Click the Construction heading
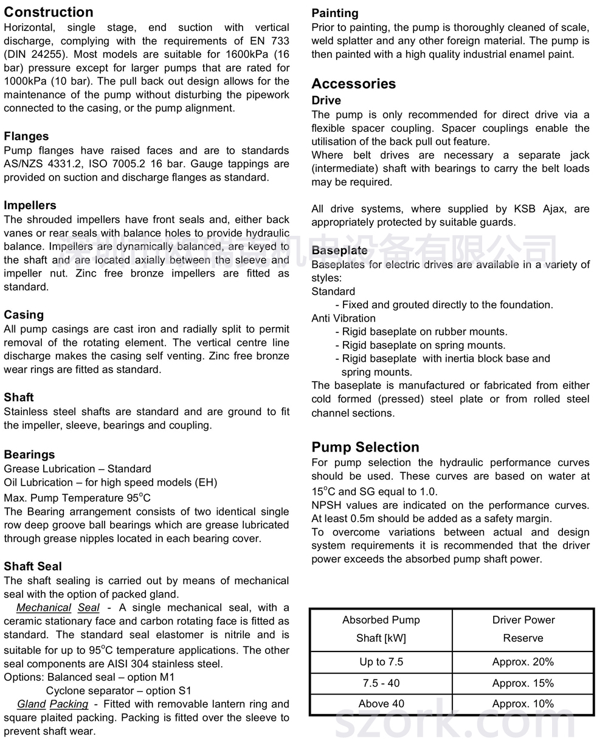pos(49,12)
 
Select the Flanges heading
pos(26,136)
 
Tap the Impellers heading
pos(30,205)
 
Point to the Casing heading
pos(24,315)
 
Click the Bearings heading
pos(29,455)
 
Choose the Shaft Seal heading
pos(33,566)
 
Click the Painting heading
pos(335,13)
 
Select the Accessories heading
pos(353,84)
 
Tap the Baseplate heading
pos(339,250)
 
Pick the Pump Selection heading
pos(365,447)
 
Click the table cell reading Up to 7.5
pos(381,662)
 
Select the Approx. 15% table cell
pos(523,683)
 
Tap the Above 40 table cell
pos(381,704)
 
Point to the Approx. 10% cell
pos(523,704)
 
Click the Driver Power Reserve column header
pos(523,629)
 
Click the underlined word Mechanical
pos(44,608)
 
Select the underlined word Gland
pos(32,704)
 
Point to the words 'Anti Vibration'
pos(344,318)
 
